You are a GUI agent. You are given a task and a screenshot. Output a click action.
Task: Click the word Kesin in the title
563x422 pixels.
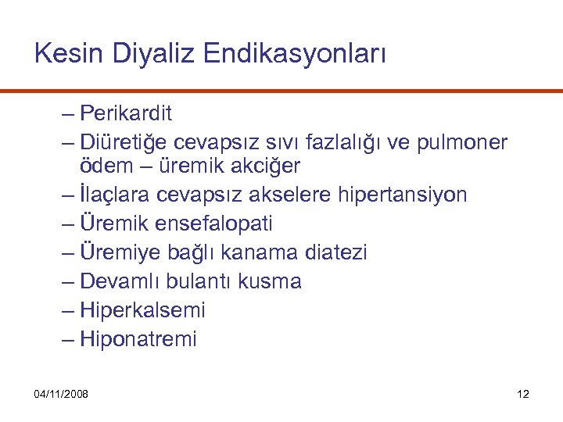(70, 54)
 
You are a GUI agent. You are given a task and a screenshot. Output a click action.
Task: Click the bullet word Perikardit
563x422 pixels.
(126, 114)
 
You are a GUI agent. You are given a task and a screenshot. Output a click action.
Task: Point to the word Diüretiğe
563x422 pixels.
(124, 143)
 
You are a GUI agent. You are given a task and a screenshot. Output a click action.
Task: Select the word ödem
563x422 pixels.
(104, 166)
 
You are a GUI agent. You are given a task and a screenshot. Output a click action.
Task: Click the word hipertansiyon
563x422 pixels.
(403, 195)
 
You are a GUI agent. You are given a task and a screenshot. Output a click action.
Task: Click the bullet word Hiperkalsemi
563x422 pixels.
(142, 310)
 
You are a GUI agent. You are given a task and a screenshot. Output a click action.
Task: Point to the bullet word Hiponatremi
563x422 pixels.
(138, 339)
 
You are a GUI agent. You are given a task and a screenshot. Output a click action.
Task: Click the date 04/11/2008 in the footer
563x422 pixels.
(61, 394)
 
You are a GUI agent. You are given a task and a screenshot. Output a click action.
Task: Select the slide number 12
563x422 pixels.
(523, 394)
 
